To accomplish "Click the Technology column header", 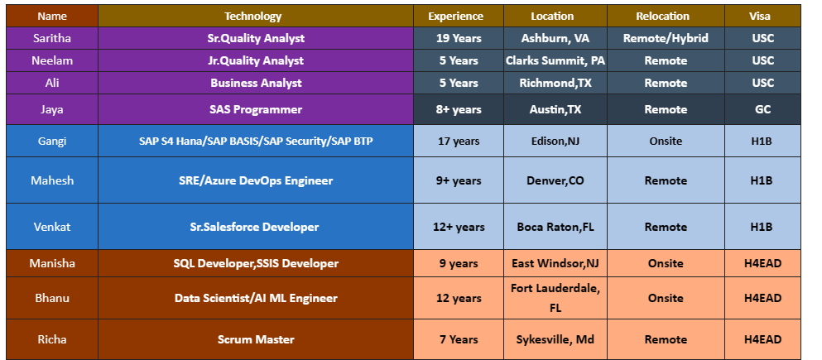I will (x=253, y=16).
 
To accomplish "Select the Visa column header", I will (x=762, y=16).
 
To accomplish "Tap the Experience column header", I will (x=456, y=16).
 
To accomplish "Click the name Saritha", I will (x=52, y=38).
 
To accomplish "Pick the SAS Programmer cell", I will (x=255, y=109).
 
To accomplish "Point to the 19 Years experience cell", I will (x=458, y=38).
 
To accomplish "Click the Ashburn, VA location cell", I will (x=555, y=38).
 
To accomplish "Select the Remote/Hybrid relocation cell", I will (x=666, y=38).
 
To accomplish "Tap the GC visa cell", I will (x=762, y=109).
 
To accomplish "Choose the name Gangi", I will (x=52, y=141).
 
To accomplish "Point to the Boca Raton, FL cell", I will (x=555, y=227).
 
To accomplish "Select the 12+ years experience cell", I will (x=458, y=227).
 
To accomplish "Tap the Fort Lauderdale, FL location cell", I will (x=555, y=298).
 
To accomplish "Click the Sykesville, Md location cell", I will (x=555, y=339).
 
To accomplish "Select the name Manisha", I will (x=52, y=263).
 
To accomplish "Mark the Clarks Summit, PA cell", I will (x=555, y=60).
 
